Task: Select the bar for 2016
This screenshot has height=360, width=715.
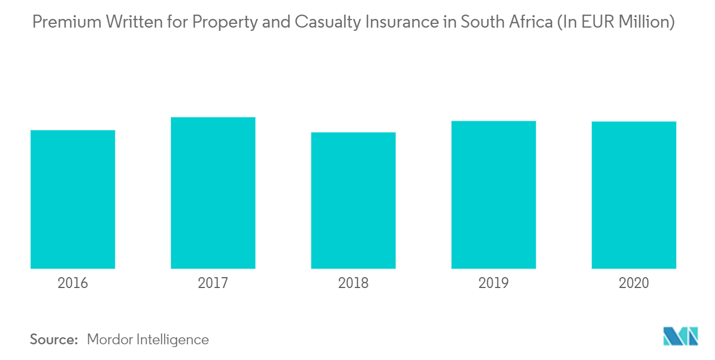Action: tap(73, 199)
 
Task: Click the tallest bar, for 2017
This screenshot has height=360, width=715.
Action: tap(213, 193)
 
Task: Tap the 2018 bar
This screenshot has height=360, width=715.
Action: tap(353, 200)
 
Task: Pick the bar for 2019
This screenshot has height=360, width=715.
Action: tap(493, 195)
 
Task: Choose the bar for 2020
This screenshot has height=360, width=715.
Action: tap(634, 195)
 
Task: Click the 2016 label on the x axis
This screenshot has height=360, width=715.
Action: tap(73, 283)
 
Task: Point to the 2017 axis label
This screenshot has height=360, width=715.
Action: tap(213, 283)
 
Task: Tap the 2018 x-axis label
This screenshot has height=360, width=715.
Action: tap(353, 283)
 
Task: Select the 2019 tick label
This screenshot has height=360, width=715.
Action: tap(493, 283)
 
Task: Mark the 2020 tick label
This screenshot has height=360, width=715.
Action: tap(634, 283)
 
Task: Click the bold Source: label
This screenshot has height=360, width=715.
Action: tap(54, 339)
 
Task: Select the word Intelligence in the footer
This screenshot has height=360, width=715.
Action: tap(175, 339)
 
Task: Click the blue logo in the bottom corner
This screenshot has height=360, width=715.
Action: tap(681, 336)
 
